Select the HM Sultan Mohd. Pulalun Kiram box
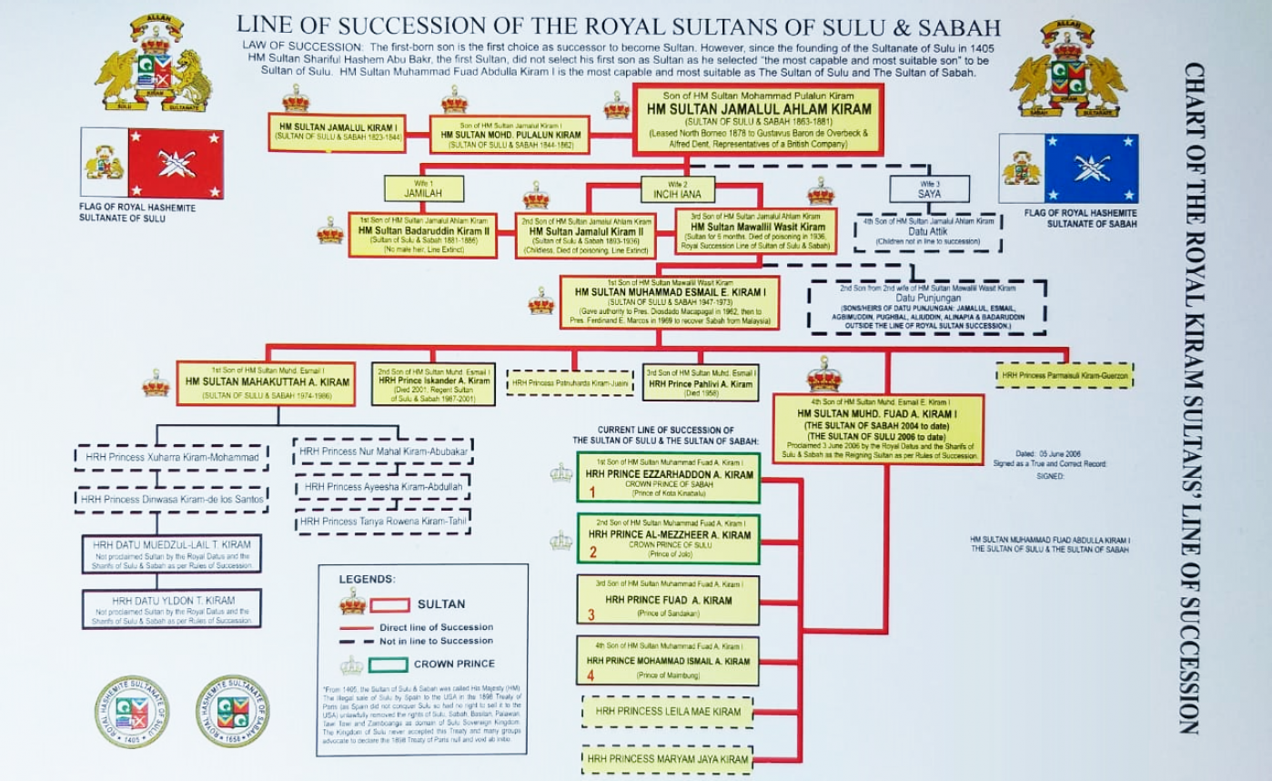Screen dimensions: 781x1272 510,134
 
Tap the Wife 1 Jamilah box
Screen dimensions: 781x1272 423,188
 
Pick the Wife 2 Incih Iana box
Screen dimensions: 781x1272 678,188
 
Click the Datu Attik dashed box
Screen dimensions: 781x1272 928,233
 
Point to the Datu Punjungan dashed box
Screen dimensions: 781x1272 926,307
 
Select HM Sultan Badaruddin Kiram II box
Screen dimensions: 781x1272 422,235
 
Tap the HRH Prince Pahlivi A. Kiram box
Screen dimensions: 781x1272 701,383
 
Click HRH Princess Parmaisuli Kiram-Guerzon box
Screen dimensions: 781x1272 1065,375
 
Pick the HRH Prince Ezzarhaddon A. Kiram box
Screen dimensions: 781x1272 669,477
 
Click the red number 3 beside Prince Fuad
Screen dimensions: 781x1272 591,615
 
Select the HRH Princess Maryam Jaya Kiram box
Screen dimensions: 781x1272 667,759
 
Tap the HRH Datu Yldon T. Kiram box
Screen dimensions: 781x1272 172,609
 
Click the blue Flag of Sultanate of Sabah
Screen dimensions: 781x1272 1068,168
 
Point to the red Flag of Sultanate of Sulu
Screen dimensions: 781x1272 152,163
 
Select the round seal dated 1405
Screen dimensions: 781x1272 132,712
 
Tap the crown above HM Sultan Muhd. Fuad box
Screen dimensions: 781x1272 824,374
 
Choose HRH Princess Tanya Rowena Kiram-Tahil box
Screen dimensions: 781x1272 382,522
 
